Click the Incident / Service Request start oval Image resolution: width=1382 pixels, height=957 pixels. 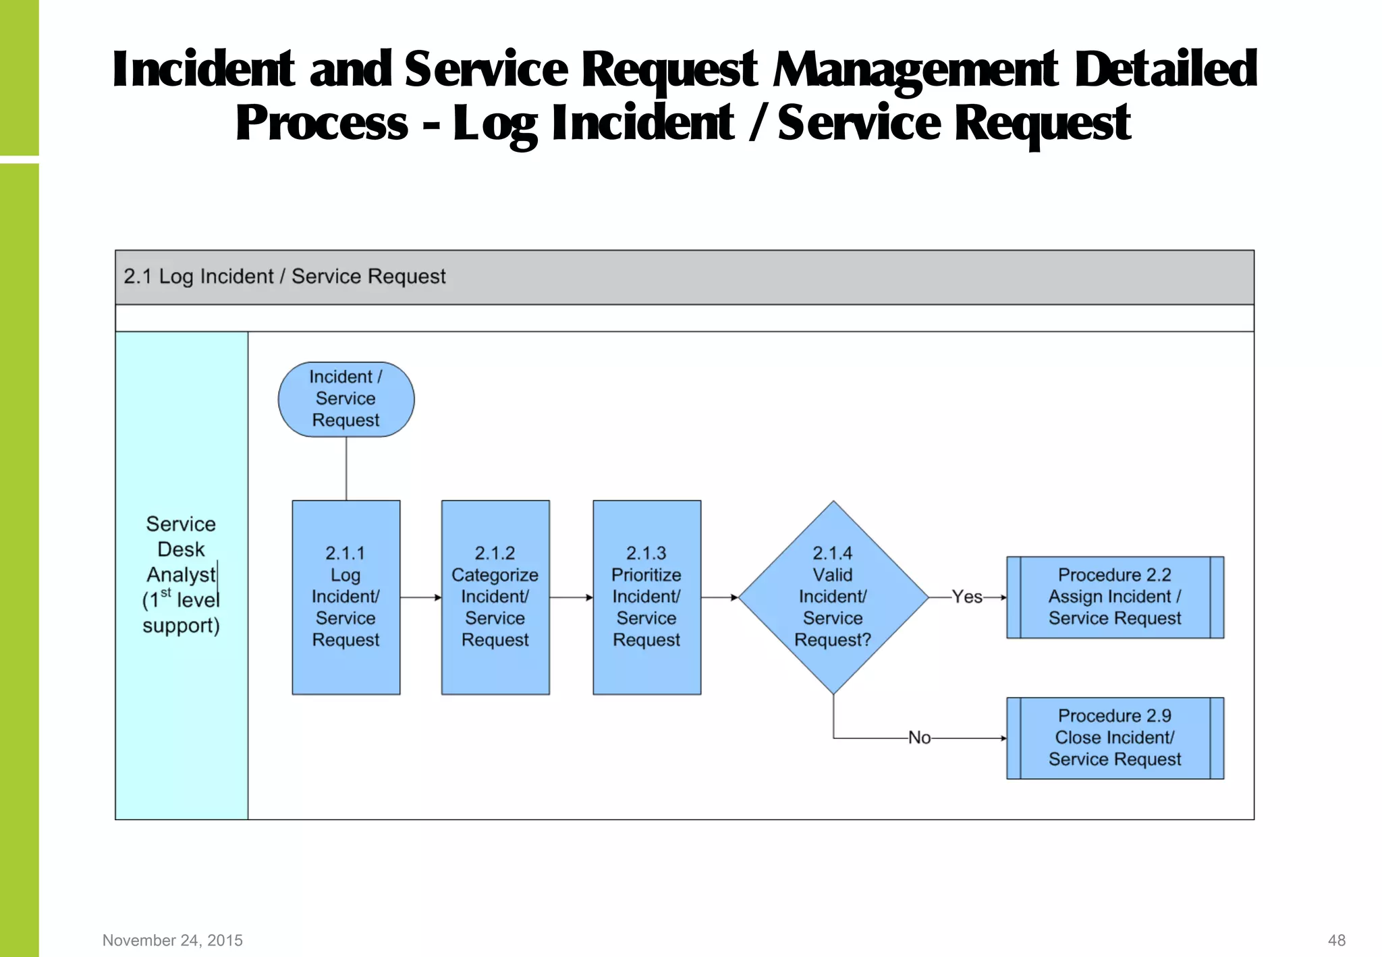pyautogui.click(x=346, y=399)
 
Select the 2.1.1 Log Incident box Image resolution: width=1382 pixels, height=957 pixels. pyautogui.click(x=346, y=597)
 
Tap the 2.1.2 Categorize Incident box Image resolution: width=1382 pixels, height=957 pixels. pyautogui.click(x=495, y=597)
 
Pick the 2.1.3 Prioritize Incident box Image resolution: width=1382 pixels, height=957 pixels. pyautogui.click(x=646, y=597)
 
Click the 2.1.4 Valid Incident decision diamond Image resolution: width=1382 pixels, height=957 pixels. pyautogui.click(x=833, y=597)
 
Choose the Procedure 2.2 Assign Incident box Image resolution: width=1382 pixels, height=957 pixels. pyautogui.click(x=1115, y=597)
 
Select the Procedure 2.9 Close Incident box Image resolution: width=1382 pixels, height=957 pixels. pyautogui.click(x=1115, y=738)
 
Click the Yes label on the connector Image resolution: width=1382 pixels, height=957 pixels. pyautogui.click(x=967, y=597)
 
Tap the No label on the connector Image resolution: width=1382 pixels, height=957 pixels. pyautogui.click(x=919, y=738)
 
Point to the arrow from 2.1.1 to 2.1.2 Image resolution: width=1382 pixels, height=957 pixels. pyautogui.click(x=420, y=597)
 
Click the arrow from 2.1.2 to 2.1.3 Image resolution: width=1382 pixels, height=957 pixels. pyautogui.click(x=571, y=597)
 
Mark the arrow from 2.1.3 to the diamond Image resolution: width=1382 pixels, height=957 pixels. pyautogui.click(x=719, y=597)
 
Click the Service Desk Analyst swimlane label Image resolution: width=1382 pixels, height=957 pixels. pyautogui.click(x=181, y=574)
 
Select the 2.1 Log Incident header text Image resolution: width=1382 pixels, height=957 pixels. pyautogui.click(x=284, y=277)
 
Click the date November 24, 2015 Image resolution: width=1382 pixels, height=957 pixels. pyautogui.click(x=173, y=940)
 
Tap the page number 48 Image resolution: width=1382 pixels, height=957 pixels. pyautogui.click(x=1336, y=940)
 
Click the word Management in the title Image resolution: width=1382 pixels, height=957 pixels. pyautogui.click(x=916, y=70)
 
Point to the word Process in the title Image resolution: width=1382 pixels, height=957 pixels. pyautogui.click(x=322, y=124)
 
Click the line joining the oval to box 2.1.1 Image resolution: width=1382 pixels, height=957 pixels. pyautogui.click(x=346, y=468)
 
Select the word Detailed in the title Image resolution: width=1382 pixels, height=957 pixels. pyautogui.click(x=1165, y=70)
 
